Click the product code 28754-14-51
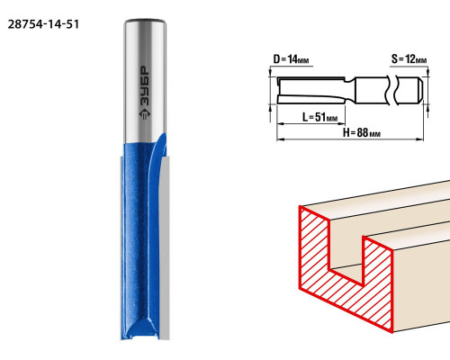point(43,24)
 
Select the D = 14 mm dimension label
point(291,59)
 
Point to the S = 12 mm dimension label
point(409,59)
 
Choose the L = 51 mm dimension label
point(319,117)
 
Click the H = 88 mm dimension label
point(362,132)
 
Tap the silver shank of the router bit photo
point(145,81)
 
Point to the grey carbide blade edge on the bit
point(164,249)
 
